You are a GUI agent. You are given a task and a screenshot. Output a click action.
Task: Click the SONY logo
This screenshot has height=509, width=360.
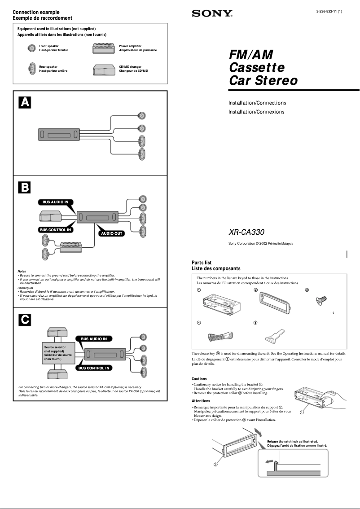(x=212, y=14)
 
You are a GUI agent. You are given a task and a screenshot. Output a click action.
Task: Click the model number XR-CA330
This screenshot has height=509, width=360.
(x=246, y=233)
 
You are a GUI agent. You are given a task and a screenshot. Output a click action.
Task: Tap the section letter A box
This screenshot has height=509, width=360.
(x=24, y=103)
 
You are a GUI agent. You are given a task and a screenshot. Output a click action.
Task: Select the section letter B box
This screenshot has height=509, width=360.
(x=24, y=187)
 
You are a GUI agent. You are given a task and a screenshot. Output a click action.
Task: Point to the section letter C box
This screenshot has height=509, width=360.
(x=24, y=319)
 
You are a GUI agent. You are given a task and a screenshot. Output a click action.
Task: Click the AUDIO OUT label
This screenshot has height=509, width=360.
(x=112, y=233)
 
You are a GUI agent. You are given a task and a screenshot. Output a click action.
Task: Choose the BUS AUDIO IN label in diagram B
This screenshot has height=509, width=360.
(x=56, y=202)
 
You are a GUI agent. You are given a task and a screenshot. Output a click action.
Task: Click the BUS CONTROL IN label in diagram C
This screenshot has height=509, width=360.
(x=94, y=368)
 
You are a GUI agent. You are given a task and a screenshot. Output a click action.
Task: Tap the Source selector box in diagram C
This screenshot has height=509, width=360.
(x=58, y=353)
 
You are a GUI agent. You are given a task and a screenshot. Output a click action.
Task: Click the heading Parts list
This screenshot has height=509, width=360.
(x=202, y=263)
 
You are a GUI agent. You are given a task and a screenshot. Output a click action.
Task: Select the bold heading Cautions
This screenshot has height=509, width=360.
(x=199, y=379)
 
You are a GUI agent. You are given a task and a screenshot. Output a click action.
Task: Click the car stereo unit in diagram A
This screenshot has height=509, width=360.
(x=58, y=134)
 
